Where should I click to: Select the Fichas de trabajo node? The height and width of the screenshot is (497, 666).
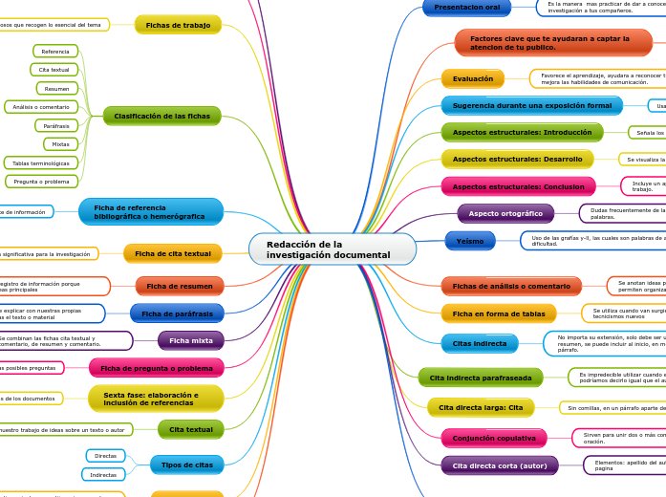[x=178, y=25]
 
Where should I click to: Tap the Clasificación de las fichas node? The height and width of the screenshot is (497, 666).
[x=161, y=117]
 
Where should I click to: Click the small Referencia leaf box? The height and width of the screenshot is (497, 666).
[x=55, y=52]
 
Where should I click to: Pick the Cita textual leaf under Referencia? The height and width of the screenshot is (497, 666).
[x=54, y=70]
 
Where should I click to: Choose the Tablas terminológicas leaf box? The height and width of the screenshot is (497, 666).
[x=41, y=163]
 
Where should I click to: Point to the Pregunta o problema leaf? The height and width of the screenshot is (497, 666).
[x=42, y=182]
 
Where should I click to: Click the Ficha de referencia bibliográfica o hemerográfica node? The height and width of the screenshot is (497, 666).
[x=151, y=212]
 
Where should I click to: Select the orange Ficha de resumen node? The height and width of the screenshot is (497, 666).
[x=179, y=286]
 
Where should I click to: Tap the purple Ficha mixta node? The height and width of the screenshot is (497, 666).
[x=190, y=340]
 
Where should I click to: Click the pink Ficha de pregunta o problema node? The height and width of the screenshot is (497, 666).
[x=156, y=368]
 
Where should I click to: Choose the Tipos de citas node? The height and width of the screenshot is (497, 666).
[x=186, y=465]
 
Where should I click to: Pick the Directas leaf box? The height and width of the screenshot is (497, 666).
[x=105, y=456]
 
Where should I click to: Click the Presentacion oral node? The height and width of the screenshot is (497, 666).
[x=466, y=8]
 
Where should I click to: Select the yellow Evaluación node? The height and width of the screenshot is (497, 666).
[x=472, y=79]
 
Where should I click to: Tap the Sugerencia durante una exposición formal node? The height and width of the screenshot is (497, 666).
[x=531, y=106]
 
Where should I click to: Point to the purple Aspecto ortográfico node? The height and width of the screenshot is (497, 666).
[x=505, y=214]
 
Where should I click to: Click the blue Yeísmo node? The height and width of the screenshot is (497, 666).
[x=470, y=241]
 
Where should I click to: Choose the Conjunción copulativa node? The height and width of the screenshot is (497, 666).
[x=493, y=439]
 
